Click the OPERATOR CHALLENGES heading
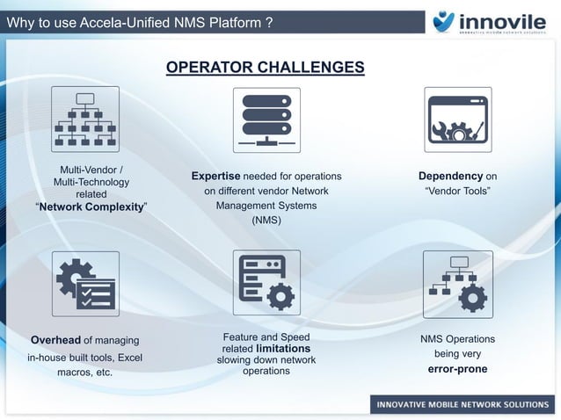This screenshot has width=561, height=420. pos(266,69)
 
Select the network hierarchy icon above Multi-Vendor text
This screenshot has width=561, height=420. pos(85,120)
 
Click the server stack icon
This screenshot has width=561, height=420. pos(266,120)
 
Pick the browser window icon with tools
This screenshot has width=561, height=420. pos(457,120)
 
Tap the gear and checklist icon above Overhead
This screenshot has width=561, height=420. pos(85,283)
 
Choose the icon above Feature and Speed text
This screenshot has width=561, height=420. pos(266,283)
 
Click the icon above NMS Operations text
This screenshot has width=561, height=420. pos(457,283)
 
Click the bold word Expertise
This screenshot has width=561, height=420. pos(215,177)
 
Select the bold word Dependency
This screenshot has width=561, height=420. pos(450,177)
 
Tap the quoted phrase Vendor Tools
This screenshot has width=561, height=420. pos(457,192)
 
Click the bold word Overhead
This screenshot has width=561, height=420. pos(56,341)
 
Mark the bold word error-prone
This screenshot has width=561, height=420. pos(457,369)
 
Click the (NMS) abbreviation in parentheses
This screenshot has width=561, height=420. pos(266,221)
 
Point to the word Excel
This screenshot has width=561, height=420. pos(129,358)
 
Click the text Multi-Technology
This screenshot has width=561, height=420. pos(91,182)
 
